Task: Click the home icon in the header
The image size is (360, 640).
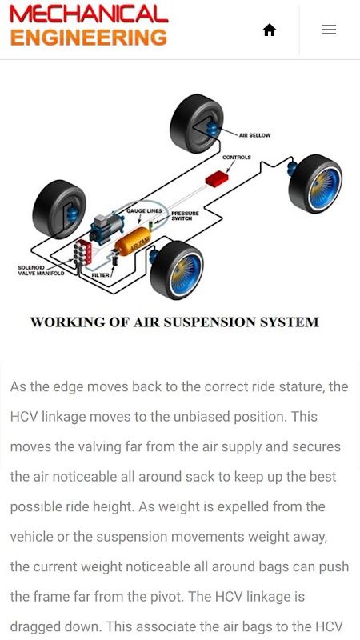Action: point(270,30)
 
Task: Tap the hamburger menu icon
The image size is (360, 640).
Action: point(329,30)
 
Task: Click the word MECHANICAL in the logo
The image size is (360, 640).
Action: point(89,14)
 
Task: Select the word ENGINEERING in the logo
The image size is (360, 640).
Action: point(89,38)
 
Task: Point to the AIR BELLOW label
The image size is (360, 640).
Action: point(254,135)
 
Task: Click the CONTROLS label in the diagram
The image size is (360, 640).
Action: point(237,157)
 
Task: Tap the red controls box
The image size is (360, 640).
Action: point(217,178)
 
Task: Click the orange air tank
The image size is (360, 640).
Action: point(132,242)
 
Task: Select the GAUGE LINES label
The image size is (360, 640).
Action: point(144,210)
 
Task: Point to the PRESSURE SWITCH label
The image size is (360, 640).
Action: point(185,216)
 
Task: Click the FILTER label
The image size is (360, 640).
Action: point(101,275)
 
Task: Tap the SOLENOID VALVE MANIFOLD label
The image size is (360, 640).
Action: point(41,270)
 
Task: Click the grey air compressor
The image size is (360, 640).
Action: point(107,228)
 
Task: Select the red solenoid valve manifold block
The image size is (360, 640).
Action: point(84,253)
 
